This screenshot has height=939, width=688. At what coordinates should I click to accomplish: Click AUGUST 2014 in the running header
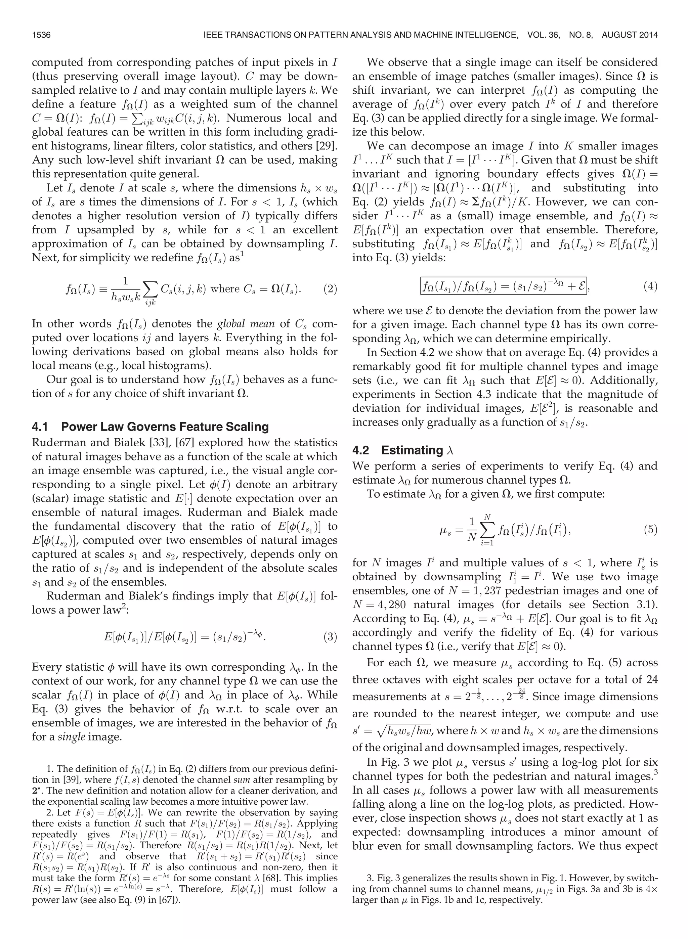pyautogui.click(x=629, y=35)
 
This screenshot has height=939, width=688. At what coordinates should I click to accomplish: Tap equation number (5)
pyautogui.click(x=650, y=530)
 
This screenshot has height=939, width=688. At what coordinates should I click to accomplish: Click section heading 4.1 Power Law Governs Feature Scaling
pyautogui.click(x=150, y=427)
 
